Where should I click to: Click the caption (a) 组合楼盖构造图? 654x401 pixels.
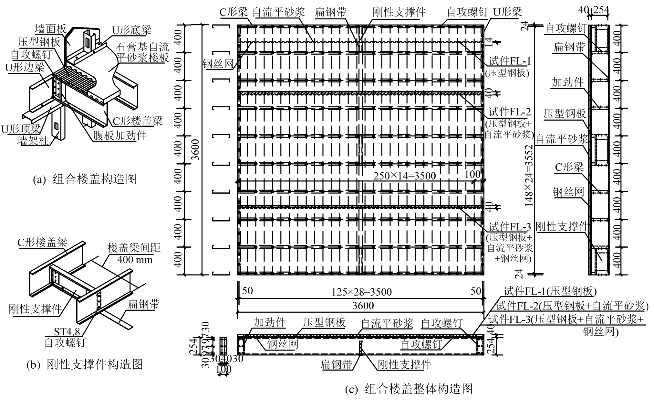tap(85, 179)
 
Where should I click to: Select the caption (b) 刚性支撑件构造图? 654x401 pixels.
tap(85, 364)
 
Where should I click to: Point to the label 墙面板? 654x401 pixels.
tap(50, 29)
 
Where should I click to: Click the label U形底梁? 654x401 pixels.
tap(131, 30)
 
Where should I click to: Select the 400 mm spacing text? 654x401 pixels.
tap(135, 259)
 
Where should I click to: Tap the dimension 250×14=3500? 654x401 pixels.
tap(404, 176)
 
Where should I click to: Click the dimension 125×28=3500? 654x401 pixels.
tap(361, 292)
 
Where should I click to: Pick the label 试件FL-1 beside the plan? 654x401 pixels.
tap(510, 61)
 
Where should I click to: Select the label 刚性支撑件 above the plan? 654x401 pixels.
tap(399, 12)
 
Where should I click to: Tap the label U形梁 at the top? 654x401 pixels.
tap(507, 12)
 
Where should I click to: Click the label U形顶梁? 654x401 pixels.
tap(21, 129)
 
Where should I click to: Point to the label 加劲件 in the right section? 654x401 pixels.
tap(567, 82)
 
